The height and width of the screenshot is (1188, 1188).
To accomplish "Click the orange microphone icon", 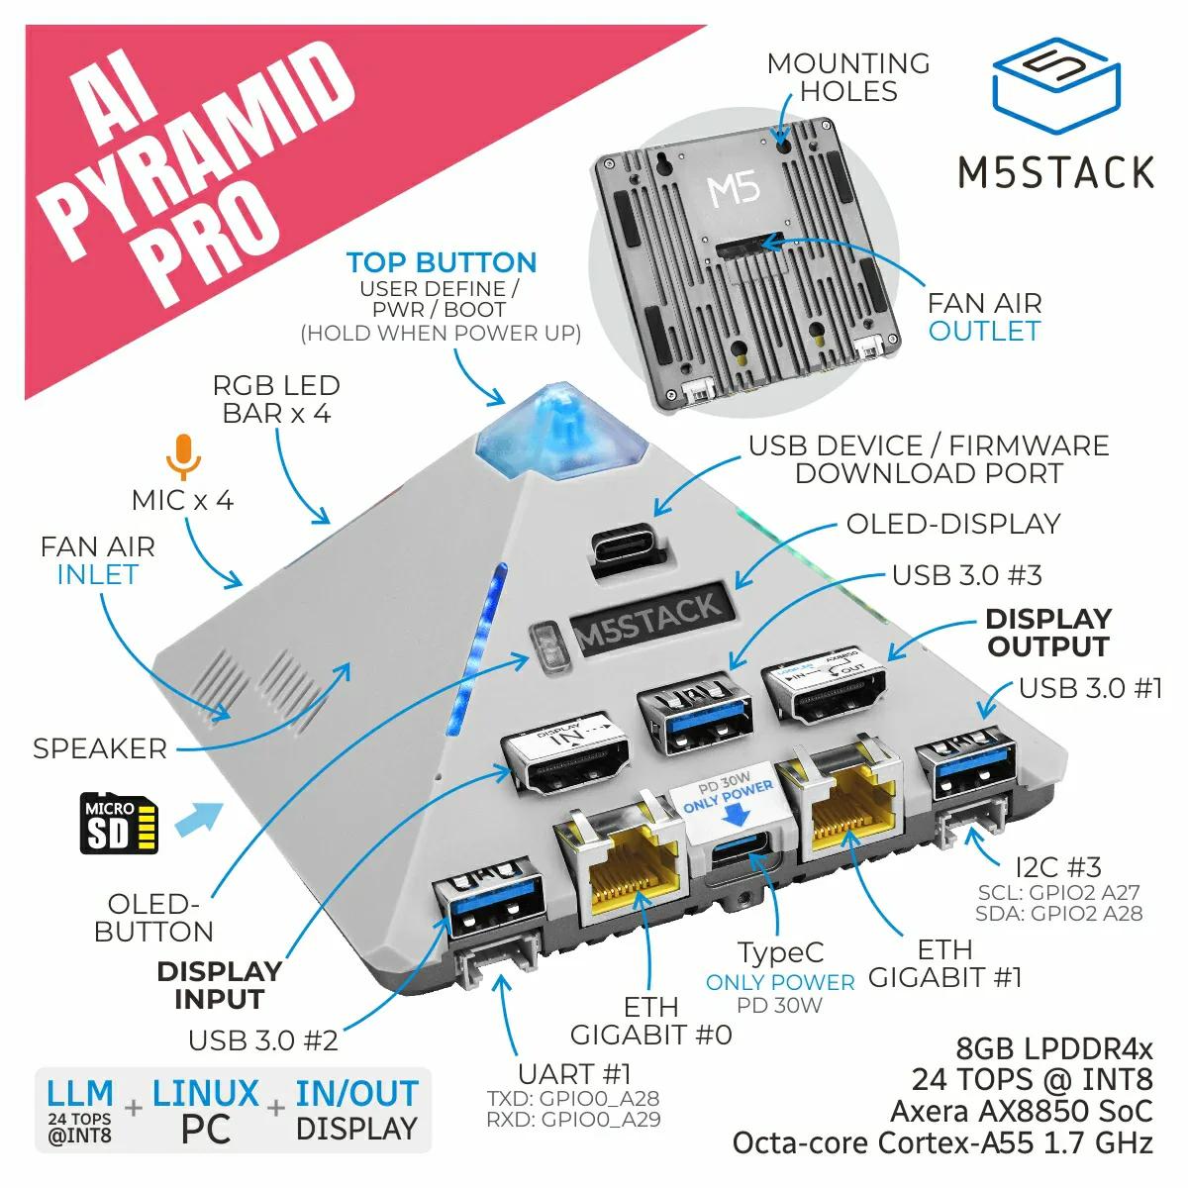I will (x=183, y=456).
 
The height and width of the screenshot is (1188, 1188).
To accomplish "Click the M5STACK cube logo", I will (x=1055, y=86).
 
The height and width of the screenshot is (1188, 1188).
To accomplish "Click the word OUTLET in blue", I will (x=984, y=331).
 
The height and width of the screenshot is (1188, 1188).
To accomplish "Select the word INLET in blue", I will (x=97, y=574).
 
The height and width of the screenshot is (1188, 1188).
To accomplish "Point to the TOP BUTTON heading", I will (x=442, y=263).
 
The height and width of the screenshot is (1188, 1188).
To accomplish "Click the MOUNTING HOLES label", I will (x=848, y=77).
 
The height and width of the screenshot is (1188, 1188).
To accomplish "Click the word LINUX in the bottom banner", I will (x=206, y=1094).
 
